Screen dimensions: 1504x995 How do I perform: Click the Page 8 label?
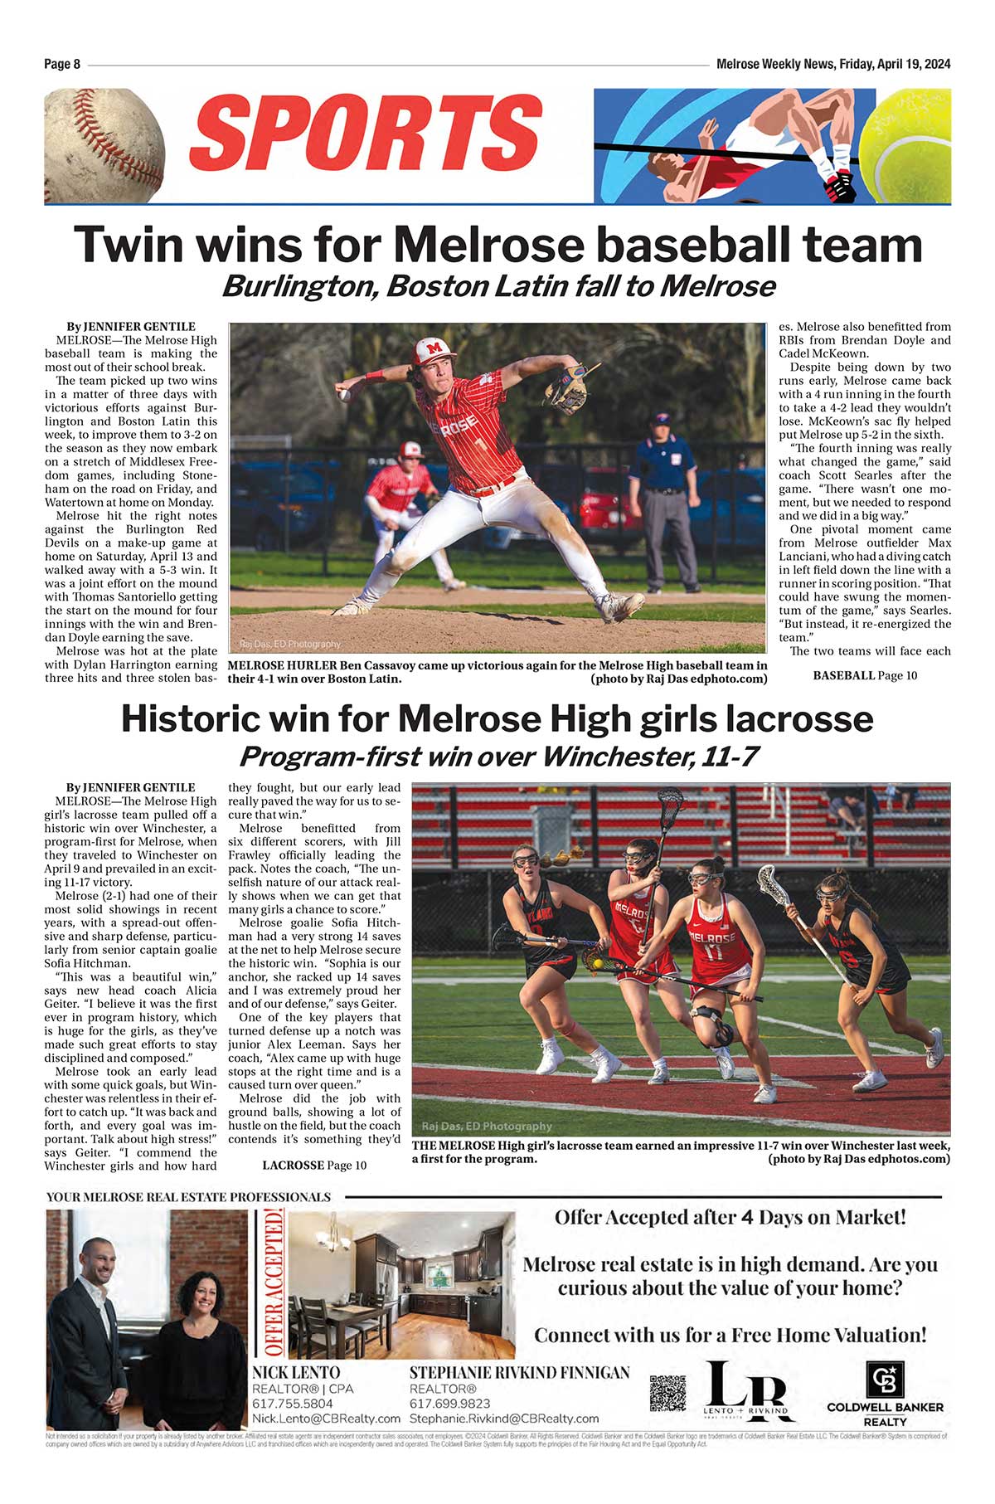(62, 65)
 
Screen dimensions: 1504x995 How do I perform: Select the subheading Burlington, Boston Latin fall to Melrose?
(498, 287)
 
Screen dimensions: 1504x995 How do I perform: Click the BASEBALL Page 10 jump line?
(865, 676)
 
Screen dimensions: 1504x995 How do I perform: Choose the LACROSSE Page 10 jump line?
(314, 1166)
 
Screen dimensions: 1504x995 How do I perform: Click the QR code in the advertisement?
(667, 1393)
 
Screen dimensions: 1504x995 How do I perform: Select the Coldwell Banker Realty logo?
(885, 1394)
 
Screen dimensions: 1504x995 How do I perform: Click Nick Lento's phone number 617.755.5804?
(293, 1404)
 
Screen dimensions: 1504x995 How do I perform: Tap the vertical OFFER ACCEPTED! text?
(273, 1283)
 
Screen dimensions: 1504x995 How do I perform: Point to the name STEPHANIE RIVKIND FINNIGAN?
(519, 1373)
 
